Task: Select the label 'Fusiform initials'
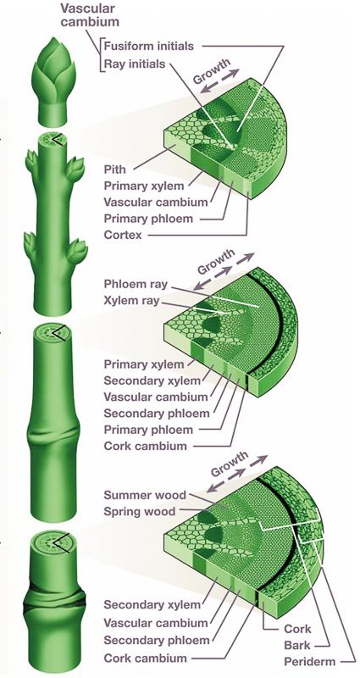[x=149, y=46]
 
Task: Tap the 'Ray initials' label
[x=135, y=64]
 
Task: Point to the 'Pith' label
[x=115, y=169]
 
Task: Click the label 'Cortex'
[x=123, y=236]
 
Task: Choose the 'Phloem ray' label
[x=136, y=285]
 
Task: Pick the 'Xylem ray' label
[x=131, y=301]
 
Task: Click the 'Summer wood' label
[x=145, y=495]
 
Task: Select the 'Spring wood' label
[x=140, y=512]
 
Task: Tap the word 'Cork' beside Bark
[x=298, y=629]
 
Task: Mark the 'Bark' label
[x=297, y=645]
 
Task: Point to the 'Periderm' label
[x=310, y=662]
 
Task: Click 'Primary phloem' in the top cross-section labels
[x=148, y=219]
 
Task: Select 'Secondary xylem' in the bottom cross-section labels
[x=152, y=604]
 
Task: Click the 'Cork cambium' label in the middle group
[x=145, y=446]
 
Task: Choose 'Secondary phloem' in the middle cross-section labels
[x=157, y=413]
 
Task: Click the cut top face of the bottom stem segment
[x=54, y=542]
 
